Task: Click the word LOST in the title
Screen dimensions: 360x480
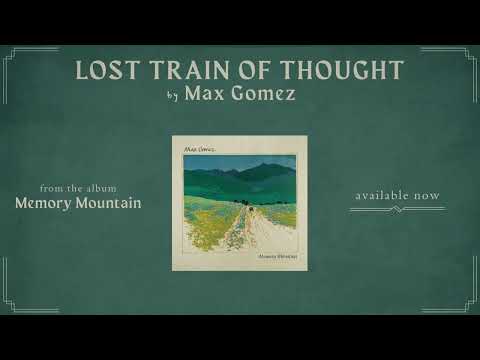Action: click(x=107, y=70)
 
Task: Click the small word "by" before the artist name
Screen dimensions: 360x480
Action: click(x=177, y=97)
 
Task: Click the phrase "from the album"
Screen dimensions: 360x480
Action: click(x=77, y=187)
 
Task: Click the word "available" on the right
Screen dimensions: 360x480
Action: click(x=383, y=195)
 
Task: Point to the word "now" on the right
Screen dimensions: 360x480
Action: click(x=428, y=195)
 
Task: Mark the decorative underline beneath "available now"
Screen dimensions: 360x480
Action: click(x=396, y=210)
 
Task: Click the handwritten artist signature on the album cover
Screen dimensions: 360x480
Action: click(x=197, y=148)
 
